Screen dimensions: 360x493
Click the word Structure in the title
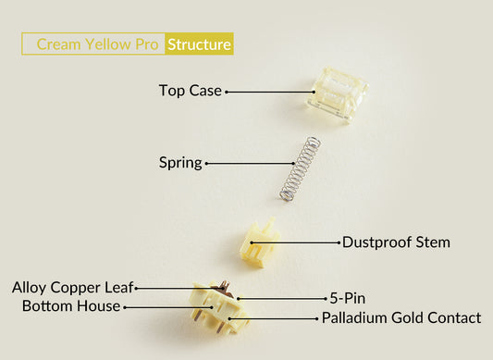(x=199, y=43)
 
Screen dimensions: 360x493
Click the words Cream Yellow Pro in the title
(x=97, y=43)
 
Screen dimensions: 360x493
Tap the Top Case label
(x=190, y=91)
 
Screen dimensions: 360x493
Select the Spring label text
(x=179, y=163)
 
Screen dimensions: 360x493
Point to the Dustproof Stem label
(x=396, y=242)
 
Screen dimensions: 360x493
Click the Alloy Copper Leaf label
(x=72, y=287)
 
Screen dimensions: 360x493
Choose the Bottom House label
(x=70, y=305)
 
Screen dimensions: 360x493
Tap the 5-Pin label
(x=347, y=298)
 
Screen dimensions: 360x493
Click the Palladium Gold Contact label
(x=401, y=317)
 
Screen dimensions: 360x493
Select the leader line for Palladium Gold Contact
(x=282, y=317)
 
